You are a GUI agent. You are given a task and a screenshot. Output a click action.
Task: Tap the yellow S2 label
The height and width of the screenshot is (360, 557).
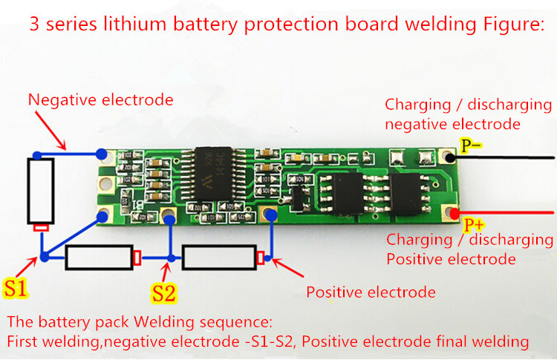click(164, 292)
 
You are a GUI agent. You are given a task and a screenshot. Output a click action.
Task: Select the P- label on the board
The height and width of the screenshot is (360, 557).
click(473, 147)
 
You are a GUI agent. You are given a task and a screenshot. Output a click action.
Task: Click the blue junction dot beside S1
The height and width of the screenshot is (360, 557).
click(45, 258)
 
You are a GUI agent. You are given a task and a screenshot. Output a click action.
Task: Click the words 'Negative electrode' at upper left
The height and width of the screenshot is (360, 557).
click(101, 99)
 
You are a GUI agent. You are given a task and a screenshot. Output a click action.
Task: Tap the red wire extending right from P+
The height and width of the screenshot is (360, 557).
click(512, 216)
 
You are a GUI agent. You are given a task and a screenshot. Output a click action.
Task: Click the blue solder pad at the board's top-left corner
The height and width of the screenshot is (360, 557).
click(102, 156)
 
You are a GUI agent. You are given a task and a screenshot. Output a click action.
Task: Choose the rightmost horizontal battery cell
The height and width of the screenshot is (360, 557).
click(222, 258)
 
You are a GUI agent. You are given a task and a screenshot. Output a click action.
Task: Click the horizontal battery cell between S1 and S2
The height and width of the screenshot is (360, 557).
click(100, 258)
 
